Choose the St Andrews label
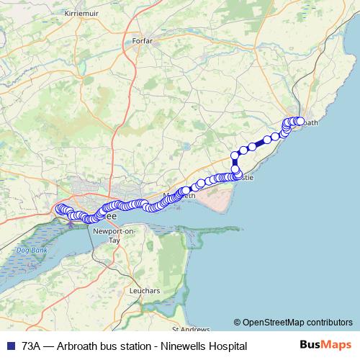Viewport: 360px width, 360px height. (x=185, y=328)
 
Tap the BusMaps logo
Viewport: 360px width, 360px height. (x=325, y=346)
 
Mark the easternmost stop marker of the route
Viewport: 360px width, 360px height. (x=301, y=121)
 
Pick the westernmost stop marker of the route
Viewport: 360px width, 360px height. (x=59, y=209)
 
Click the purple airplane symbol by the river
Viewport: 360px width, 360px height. (x=70, y=224)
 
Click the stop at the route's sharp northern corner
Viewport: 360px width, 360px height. (x=235, y=155)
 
